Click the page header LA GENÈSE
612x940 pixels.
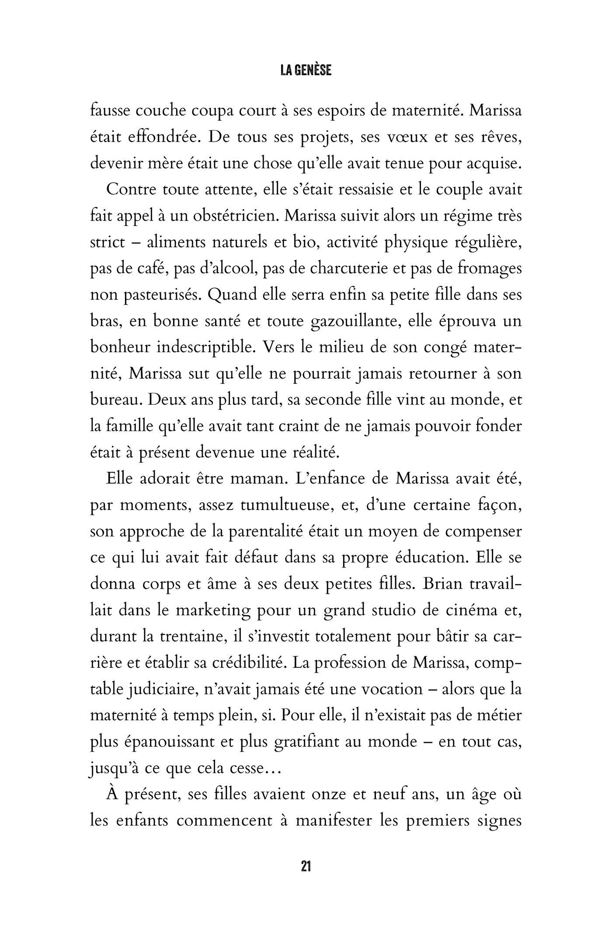[x=306, y=71]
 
